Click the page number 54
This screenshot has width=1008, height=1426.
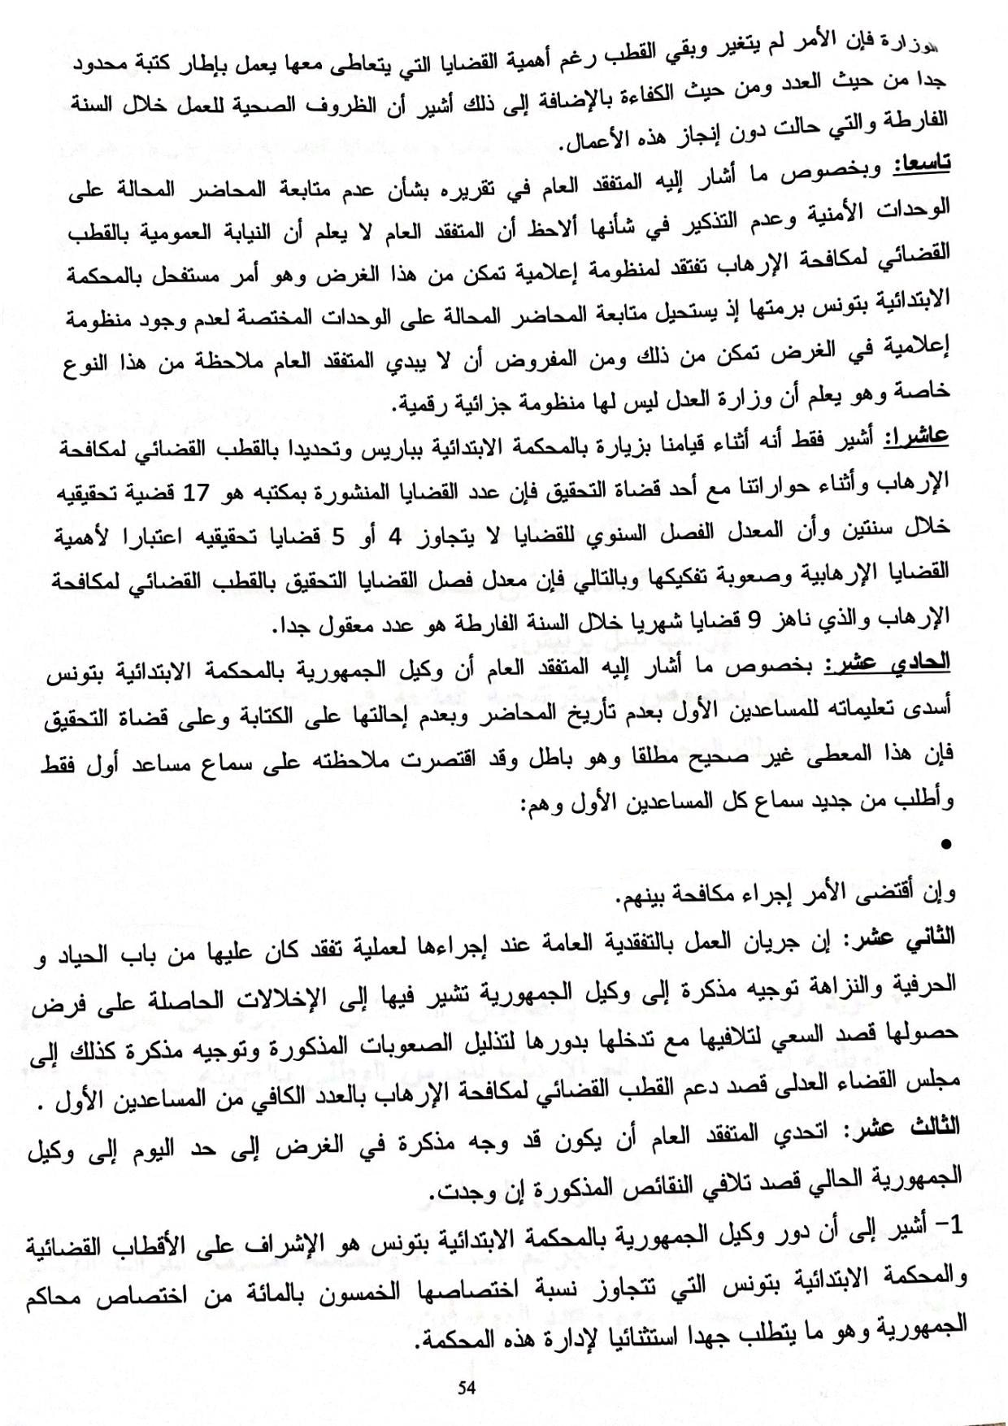tap(465, 1388)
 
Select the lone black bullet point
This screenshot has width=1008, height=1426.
tap(945, 846)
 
